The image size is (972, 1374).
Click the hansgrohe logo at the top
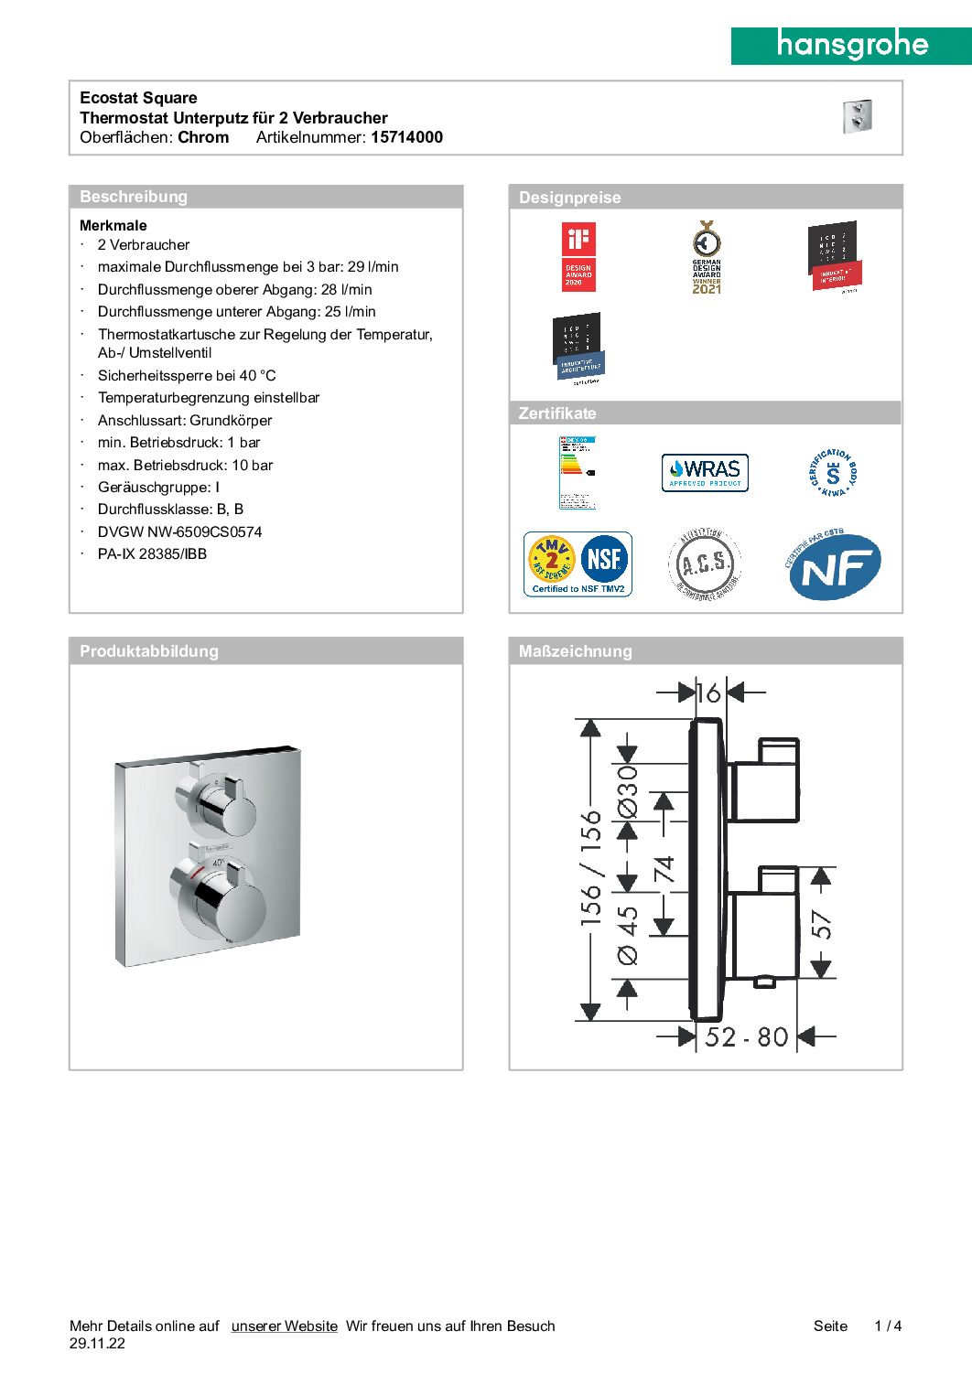pos(851,45)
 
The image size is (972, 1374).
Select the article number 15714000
pos(406,137)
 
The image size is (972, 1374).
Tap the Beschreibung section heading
pos(134,197)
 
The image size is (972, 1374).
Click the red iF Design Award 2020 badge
pos(578,258)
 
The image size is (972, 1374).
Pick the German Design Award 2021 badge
pos(707,257)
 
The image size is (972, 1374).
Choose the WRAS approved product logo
pos(705,473)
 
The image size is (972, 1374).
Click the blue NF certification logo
pos(834,567)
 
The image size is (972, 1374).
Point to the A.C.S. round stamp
pos(705,564)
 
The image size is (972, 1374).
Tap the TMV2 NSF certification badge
pos(578,564)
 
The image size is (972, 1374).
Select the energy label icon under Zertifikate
pos(578,472)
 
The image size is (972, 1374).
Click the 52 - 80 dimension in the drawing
pos(746,1036)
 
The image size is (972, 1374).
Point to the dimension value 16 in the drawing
pos(708,692)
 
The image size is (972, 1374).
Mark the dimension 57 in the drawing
pos(822,925)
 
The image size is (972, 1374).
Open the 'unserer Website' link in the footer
pos(284,1326)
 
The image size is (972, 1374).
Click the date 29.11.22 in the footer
pos(97,1344)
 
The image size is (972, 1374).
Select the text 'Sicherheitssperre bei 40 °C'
pos(187,375)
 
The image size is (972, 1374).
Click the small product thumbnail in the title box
pos(858,117)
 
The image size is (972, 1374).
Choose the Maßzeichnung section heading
pos(575,651)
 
